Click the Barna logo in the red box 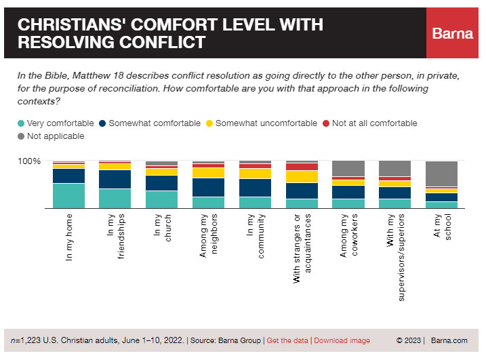[x=453, y=34]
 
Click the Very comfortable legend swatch [x=21, y=123]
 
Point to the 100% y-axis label [x=29, y=161]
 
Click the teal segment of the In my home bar [x=68, y=196]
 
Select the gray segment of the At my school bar [x=441, y=174]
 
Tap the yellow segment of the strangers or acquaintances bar [x=302, y=176]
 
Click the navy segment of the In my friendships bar [x=115, y=179]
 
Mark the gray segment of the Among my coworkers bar [x=348, y=168]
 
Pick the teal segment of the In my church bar [x=161, y=199]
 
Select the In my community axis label [x=255, y=237]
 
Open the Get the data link [x=287, y=340]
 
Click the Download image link [x=342, y=340]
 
